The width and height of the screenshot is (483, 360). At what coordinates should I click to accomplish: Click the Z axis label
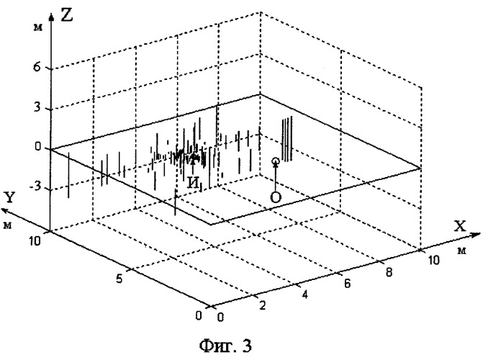(67, 15)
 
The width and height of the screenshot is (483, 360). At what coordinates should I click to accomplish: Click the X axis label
(460, 226)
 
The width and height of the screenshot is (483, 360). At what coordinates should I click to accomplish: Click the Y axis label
(10, 197)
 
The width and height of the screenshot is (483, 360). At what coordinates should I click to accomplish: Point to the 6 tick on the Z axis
(37, 67)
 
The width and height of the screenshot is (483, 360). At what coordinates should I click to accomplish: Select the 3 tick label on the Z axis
(37, 107)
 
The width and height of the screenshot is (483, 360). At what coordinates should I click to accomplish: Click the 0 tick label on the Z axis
(37, 147)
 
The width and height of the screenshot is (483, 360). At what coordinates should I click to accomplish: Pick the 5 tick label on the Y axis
(119, 279)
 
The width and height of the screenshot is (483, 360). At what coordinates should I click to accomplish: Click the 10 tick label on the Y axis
(35, 241)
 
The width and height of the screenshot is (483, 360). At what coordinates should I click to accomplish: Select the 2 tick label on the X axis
(263, 305)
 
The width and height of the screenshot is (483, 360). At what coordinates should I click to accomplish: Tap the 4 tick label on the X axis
(305, 295)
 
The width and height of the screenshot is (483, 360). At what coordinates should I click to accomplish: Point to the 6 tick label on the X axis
(347, 283)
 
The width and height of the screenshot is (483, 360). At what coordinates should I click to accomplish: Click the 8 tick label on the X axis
(389, 272)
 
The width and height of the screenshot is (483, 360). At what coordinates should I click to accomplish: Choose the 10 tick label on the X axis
(433, 261)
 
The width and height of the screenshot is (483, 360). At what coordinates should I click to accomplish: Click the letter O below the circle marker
(276, 197)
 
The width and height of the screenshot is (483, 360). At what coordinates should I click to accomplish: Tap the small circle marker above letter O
(276, 161)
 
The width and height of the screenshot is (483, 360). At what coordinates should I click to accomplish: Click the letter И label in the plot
(193, 183)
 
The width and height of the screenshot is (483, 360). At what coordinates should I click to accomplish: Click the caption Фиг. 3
(225, 346)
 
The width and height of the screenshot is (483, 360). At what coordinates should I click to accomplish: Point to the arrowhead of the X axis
(476, 235)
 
